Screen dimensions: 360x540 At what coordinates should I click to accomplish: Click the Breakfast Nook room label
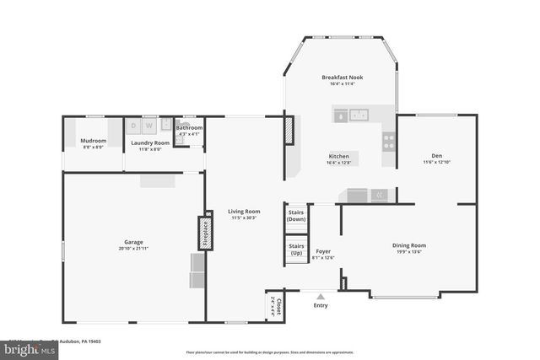coord(342,78)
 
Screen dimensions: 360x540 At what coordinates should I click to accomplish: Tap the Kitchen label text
coord(339,156)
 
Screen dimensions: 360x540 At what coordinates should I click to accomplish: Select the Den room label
coord(436,156)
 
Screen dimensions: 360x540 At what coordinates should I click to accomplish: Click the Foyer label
coord(323,250)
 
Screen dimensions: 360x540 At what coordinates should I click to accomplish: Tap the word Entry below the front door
coord(321,305)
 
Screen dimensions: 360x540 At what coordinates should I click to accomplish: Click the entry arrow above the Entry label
coord(321,296)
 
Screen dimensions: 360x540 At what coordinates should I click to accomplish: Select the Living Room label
coord(244,212)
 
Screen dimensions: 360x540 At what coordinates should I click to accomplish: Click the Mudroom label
coord(93,141)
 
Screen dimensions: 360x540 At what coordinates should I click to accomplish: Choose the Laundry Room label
coord(149,143)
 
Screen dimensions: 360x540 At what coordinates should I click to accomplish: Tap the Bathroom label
coord(189,128)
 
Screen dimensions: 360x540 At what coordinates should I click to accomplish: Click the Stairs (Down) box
coord(296,215)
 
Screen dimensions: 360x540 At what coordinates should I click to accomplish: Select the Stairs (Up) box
coord(296,250)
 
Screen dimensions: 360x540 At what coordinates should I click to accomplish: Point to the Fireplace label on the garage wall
coord(203,233)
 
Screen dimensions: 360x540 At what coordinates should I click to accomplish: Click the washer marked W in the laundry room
coord(149,126)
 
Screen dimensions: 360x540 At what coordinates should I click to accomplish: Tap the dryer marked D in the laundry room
coord(135,126)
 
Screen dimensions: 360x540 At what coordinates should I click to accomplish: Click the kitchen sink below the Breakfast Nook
coord(359,116)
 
